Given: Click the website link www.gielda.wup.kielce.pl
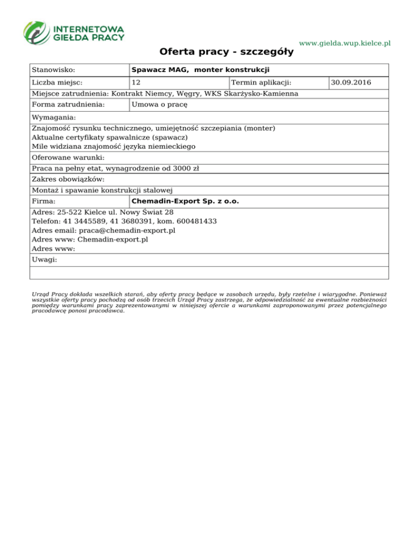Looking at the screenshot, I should click(345, 43).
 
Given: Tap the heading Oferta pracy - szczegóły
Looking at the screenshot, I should click(226, 52).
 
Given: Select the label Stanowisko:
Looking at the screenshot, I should click(53, 70).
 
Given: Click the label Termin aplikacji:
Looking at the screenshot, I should click(261, 83).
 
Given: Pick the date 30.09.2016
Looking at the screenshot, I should click(351, 83).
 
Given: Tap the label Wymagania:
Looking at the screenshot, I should click(54, 118).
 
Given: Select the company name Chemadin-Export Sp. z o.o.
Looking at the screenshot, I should click(185, 201).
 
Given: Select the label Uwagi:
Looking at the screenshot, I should click(45, 260).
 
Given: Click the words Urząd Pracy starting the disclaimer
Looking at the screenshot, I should click(51, 293).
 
